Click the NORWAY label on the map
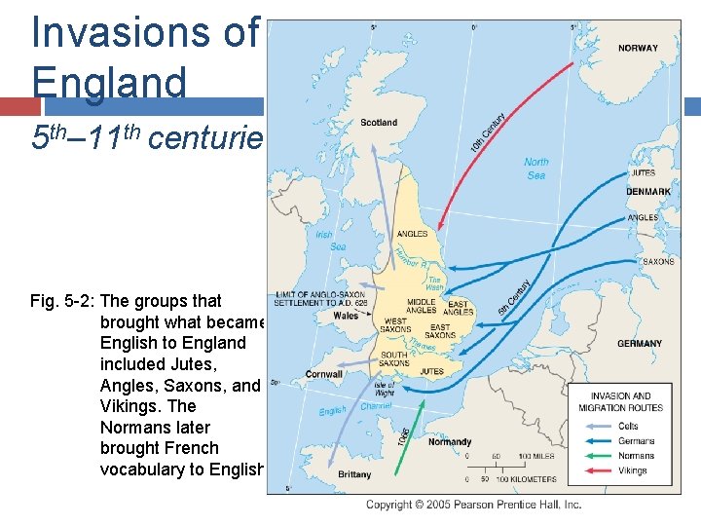(638, 48)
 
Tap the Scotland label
(379, 123)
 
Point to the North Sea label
(535, 169)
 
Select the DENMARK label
(647, 192)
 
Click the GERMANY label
(639, 344)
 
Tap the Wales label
(346, 316)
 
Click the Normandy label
(449, 441)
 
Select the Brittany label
(354, 474)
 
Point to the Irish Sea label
(330, 241)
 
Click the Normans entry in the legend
(637, 456)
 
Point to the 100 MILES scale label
(535, 456)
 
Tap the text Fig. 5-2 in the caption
(63, 301)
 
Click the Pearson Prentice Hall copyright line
(473, 505)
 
